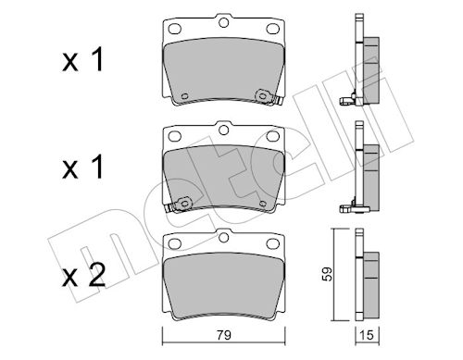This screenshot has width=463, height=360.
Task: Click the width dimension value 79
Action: coord(223,335)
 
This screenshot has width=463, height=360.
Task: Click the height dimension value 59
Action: coord(328,274)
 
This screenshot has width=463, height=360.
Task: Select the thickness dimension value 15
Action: coord(367,335)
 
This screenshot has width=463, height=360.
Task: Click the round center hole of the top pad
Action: coord(223,22)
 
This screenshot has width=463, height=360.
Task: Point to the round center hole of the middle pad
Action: coord(223,130)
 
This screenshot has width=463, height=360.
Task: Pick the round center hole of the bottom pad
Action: coord(223,237)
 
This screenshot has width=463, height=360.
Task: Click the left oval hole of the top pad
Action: coord(175,29)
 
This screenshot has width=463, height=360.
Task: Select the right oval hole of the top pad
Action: coord(272,29)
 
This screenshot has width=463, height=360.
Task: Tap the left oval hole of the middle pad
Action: coord(175,136)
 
